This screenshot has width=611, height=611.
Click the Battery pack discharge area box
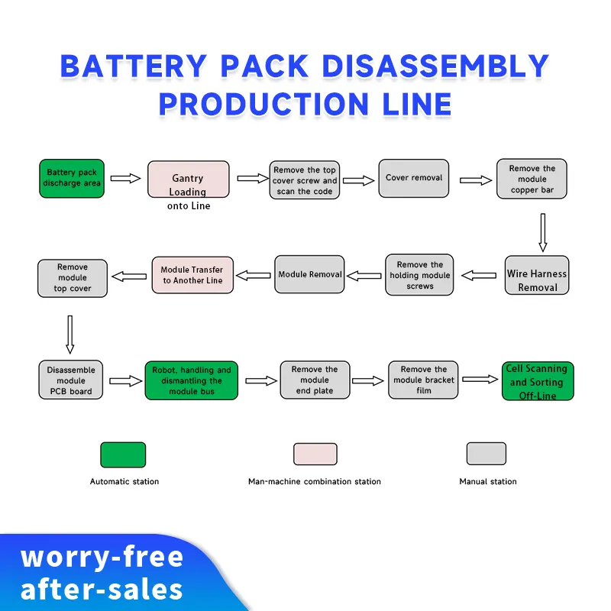point(71,179)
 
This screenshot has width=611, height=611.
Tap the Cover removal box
point(412,179)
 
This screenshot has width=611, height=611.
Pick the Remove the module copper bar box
point(532,179)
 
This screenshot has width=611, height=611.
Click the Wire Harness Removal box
point(537,275)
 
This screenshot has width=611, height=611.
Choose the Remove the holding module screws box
point(419,275)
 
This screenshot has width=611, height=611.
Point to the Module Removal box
point(309,274)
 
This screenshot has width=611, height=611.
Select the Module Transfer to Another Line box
point(192,276)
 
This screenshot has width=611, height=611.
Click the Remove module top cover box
point(72,278)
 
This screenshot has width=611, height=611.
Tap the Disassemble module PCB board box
point(70,380)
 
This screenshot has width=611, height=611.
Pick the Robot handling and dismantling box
point(191,380)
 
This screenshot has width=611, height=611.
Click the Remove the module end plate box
point(314,380)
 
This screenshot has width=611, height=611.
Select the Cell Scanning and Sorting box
point(537,382)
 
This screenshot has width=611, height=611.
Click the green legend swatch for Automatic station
point(123,454)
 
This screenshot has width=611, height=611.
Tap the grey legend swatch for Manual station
point(487,454)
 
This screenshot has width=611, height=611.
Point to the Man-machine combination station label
point(314,482)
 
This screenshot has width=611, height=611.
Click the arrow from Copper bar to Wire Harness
point(542,232)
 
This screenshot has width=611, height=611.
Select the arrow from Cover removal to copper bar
point(476,180)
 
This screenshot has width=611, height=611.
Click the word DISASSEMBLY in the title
point(435,67)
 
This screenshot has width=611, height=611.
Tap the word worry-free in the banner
point(102,557)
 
